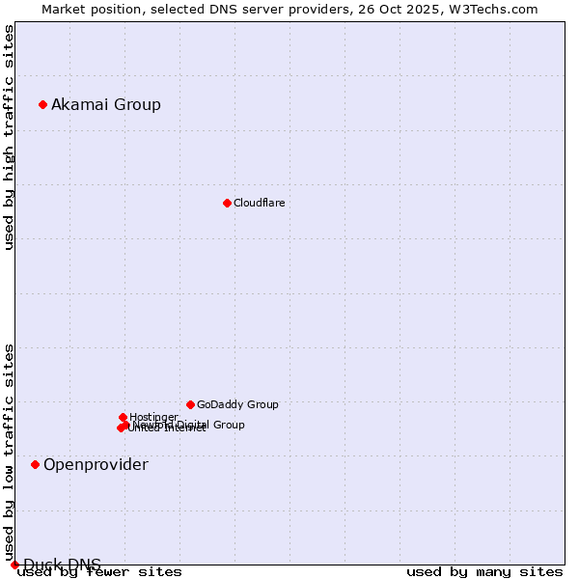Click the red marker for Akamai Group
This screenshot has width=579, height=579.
[x=42, y=104]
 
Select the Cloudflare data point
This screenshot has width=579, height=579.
[x=227, y=203]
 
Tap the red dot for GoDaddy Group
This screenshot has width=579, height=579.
[x=190, y=404]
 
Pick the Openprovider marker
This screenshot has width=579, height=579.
[x=35, y=464]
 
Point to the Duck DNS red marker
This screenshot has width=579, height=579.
[x=14, y=565]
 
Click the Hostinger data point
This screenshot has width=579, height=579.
[x=123, y=417]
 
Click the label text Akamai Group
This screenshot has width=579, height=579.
[x=106, y=104]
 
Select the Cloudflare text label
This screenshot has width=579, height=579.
[x=259, y=203]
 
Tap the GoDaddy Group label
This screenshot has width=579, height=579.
[x=237, y=404]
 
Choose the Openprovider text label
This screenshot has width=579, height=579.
[x=96, y=464]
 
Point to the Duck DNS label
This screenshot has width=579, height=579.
[x=62, y=565]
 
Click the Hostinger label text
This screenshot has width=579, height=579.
[x=153, y=417]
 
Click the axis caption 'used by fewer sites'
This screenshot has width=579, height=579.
[x=99, y=572]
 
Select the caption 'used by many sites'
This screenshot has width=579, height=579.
[x=484, y=572]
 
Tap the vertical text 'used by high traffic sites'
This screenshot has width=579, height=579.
[x=9, y=137]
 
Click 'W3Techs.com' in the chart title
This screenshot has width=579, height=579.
[x=497, y=9]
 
